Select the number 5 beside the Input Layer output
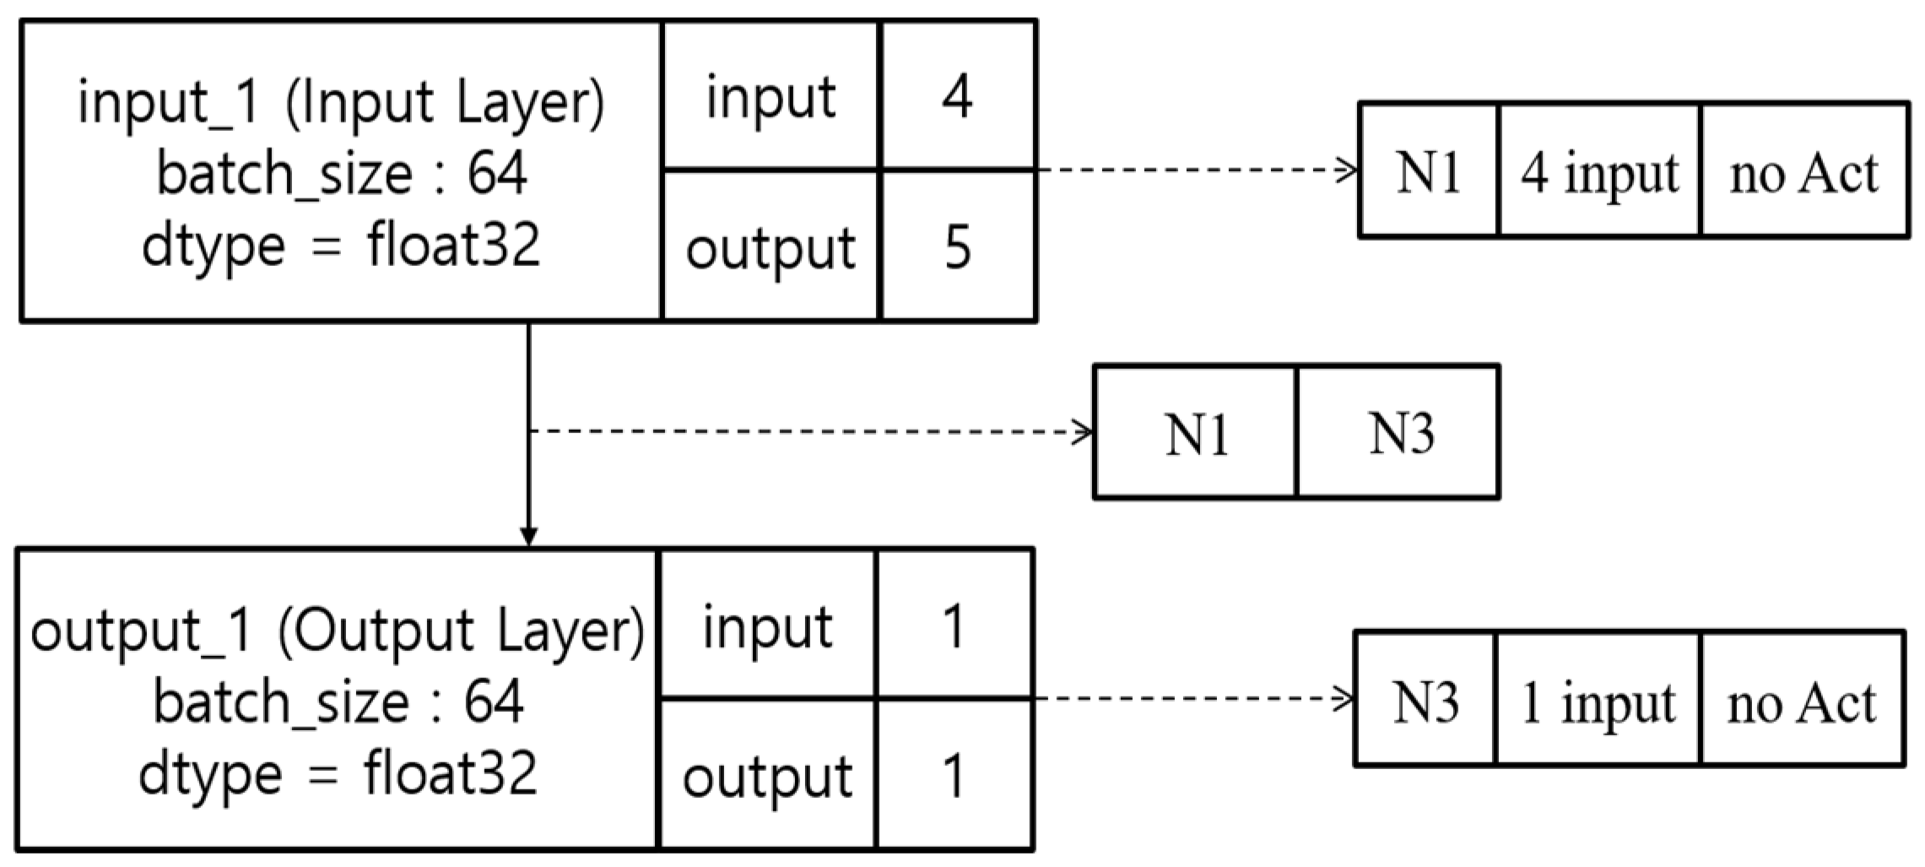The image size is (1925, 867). (x=957, y=248)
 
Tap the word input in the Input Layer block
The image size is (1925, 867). (x=771, y=99)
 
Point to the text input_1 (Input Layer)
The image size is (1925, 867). (x=341, y=103)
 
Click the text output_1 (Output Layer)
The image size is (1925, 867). (x=338, y=631)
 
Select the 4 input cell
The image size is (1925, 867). (x=1599, y=174)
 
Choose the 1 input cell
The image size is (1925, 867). (x=1597, y=703)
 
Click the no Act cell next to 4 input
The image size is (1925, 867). (x=1803, y=174)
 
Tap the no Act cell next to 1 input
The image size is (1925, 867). (x=1801, y=703)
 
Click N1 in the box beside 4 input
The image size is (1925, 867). (x=1428, y=173)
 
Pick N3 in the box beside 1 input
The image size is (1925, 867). (x=1425, y=702)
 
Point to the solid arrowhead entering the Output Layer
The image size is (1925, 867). (x=528, y=537)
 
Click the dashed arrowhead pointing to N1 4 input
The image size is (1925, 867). (x=1349, y=170)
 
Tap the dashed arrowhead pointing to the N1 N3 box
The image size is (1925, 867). (x=1084, y=432)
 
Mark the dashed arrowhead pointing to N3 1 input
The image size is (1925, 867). (x=1345, y=698)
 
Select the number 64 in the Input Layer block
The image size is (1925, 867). (x=498, y=174)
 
